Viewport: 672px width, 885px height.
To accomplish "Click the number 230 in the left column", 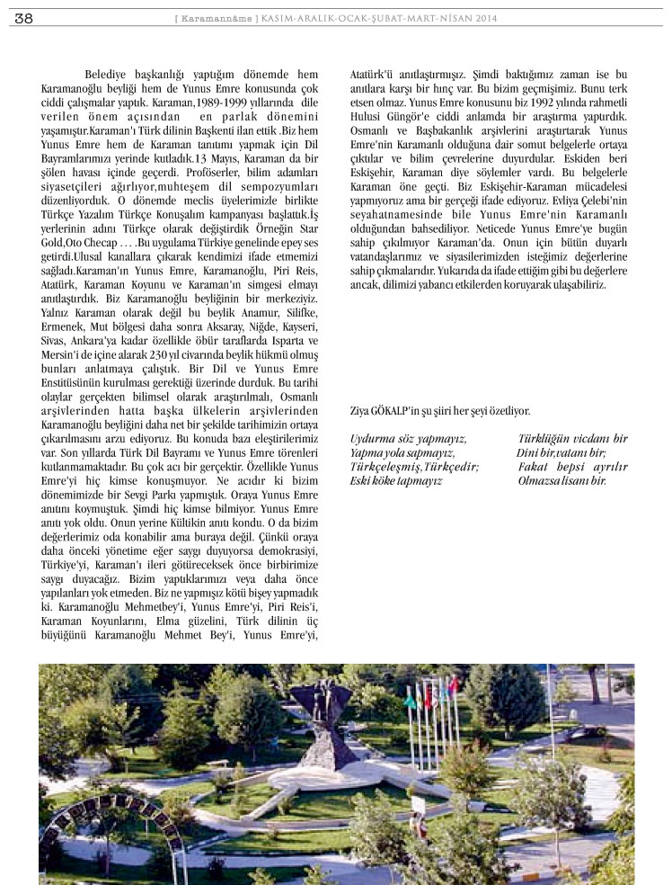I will click(181, 355).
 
